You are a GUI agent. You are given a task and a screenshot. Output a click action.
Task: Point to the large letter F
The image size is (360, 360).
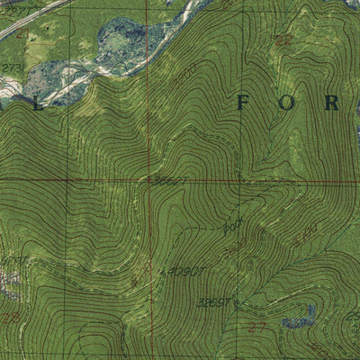click(x=242, y=103)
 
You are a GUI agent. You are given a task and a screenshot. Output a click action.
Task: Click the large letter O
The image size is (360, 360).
click(x=287, y=103)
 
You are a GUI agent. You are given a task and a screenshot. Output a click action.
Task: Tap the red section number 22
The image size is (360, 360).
click(x=285, y=40)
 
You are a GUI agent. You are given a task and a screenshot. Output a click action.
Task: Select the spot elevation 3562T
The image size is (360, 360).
click(x=170, y=181)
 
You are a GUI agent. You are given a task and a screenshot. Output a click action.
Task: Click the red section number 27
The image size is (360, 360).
click(x=256, y=326)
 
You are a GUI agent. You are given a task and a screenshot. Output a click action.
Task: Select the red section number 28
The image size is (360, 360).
click(x=11, y=318)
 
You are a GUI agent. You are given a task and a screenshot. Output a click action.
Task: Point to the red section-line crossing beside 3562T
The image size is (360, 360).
click(x=149, y=178)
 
